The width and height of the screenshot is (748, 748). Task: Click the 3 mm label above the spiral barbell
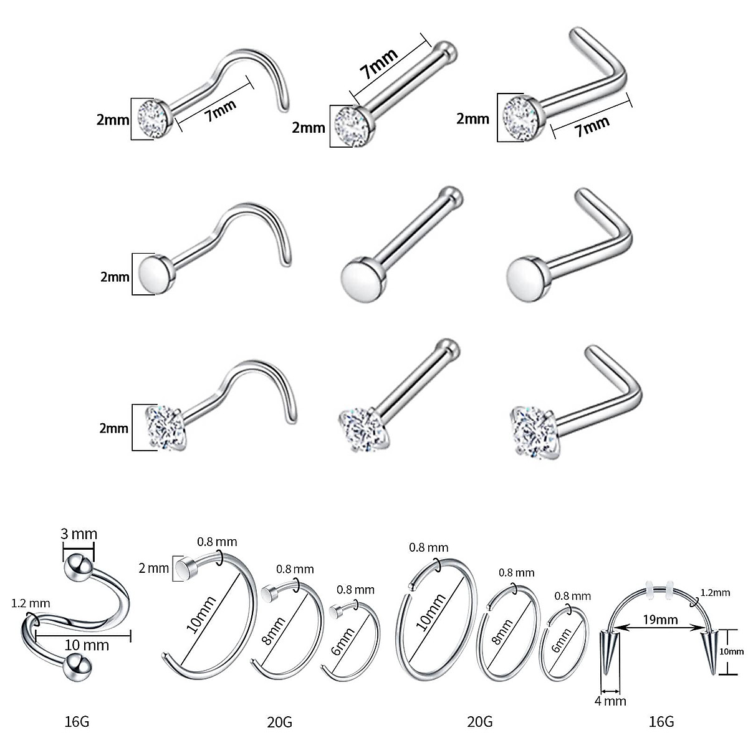click(x=79, y=534)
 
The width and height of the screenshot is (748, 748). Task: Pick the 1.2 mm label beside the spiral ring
click(x=31, y=603)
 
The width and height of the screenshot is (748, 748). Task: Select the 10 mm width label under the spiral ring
click(x=87, y=645)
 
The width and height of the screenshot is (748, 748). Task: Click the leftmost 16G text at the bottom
click(x=77, y=722)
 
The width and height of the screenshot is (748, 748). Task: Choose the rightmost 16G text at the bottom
click(x=661, y=722)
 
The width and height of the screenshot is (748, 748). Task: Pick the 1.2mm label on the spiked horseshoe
click(x=714, y=593)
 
